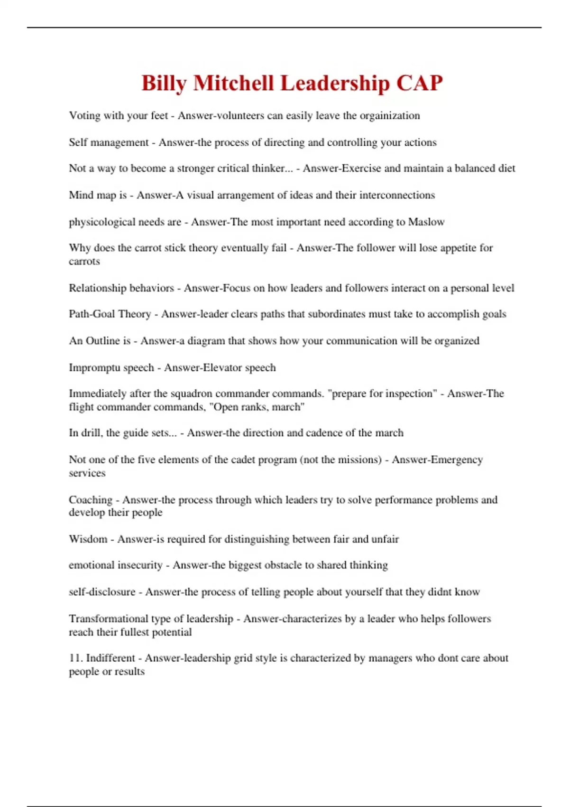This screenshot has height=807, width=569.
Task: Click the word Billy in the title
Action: point(164,84)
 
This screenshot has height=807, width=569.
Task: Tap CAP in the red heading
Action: point(419,84)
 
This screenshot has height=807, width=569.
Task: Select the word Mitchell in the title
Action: point(233,84)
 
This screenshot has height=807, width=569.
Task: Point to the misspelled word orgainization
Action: point(390,116)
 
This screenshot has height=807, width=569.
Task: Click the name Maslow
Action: point(426,222)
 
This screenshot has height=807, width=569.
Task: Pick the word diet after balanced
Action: point(506,169)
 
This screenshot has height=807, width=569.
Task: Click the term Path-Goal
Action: point(92,314)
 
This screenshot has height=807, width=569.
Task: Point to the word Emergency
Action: point(460,460)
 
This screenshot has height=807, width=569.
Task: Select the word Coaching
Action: point(91,500)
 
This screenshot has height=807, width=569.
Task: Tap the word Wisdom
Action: point(88,539)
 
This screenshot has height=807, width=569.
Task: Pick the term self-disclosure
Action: point(102,592)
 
